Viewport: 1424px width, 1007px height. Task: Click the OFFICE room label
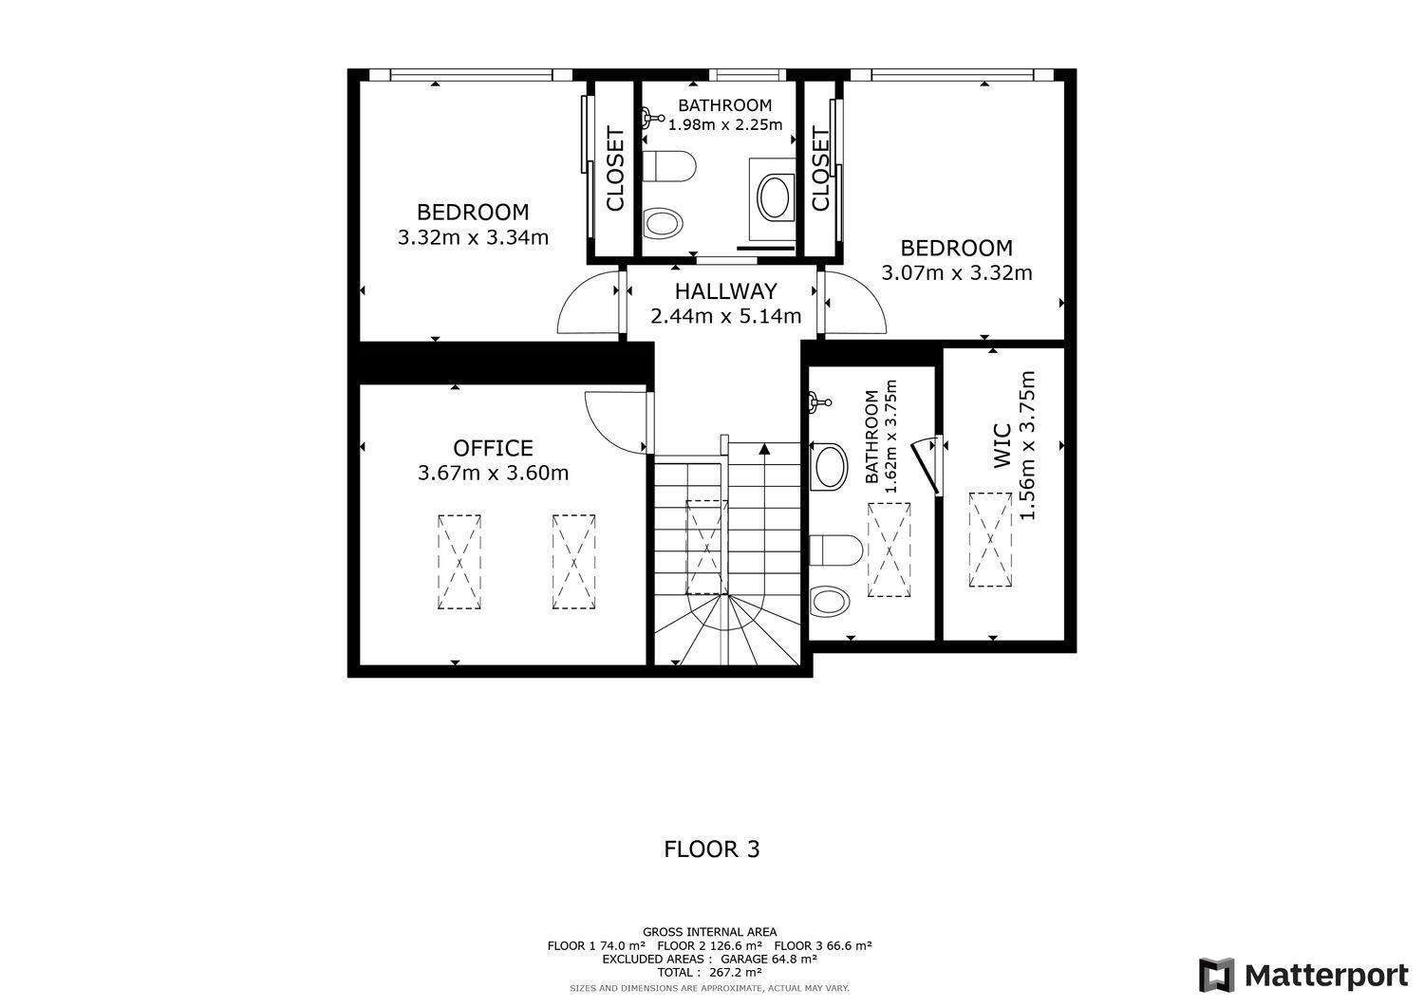(x=493, y=448)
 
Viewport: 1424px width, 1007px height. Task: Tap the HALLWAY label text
(x=725, y=291)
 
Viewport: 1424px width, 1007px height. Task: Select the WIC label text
(x=1002, y=446)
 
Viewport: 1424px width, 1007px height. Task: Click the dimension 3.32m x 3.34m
(x=473, y=237)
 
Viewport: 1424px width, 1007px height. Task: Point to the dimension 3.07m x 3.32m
(x=956, y=272)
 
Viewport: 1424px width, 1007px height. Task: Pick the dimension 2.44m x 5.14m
(x=725, y=316)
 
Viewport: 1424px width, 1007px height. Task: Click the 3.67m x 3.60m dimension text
(x=493, y=473)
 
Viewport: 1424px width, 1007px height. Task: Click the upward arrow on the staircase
(x=765, y=449)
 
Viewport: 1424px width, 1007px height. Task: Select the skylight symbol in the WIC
(x=990, y=540)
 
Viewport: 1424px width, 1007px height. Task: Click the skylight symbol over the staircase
(x=706, y=548)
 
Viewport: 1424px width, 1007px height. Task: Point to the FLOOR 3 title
(x=711, y=848)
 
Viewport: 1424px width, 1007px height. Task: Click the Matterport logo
(x=1303, y=975)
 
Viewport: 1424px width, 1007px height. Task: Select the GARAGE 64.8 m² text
(x=769, y=959)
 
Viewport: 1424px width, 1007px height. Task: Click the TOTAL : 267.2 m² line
(x=709, y=972)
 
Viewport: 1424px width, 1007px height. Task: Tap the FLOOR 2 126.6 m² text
(x=709, y=945)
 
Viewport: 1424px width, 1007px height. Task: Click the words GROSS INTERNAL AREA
(x=709, y=932)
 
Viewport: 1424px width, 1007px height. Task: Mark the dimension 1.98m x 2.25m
(x=724, y=124)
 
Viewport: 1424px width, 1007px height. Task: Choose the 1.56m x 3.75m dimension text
(x=1027, y=445)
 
